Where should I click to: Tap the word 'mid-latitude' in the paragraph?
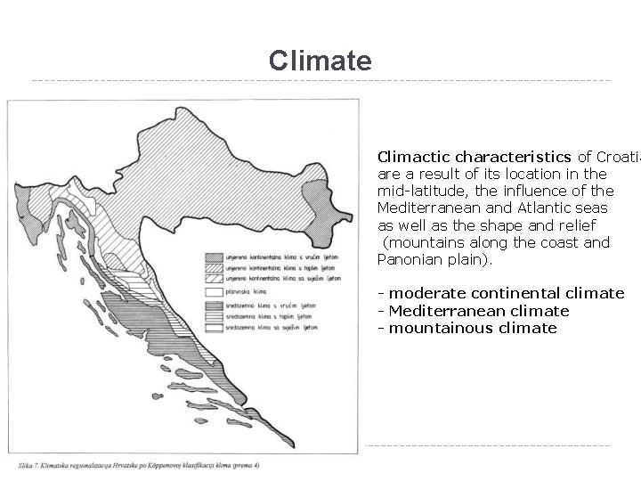415,191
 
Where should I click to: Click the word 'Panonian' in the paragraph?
408,259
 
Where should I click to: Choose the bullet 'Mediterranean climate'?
478,311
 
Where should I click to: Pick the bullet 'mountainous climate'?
472,328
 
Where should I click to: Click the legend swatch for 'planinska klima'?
217,290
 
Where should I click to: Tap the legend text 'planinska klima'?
260,290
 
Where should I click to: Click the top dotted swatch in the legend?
217,253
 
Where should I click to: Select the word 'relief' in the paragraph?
575,224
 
